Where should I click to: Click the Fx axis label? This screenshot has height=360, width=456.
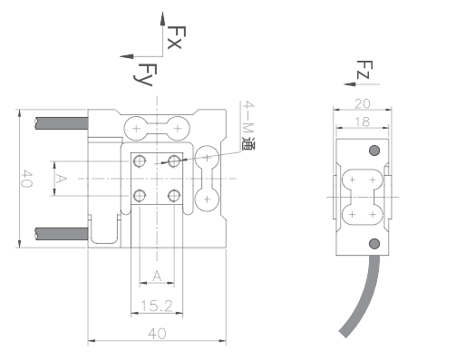click(176, 37)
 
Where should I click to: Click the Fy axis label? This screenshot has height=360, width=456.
click(145, 74)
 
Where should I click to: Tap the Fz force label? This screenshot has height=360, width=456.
click(364, 70)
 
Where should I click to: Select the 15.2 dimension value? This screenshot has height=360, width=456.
click(157, 306)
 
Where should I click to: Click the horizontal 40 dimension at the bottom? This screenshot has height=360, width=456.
click(157, 334)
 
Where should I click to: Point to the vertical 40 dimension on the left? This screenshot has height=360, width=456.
click(27, 179)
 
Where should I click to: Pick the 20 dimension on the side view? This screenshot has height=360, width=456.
click(363, 104)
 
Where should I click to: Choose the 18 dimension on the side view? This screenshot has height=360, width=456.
click(362, 122)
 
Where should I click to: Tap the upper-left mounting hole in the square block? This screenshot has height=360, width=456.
click(140, 161)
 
